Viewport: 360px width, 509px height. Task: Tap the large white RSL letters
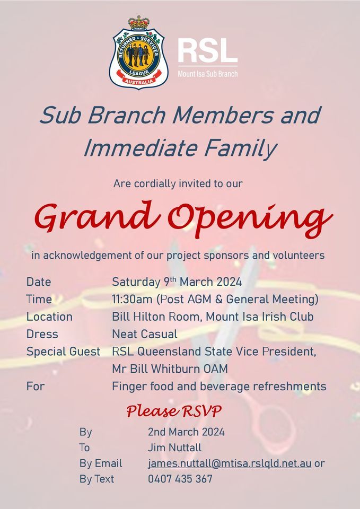[x=207, y=51]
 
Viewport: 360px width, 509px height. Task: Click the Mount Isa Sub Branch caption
[x=207, y=74]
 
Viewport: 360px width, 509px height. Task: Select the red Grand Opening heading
[x=183, y=218]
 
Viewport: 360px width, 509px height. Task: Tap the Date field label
[x=39, y=282]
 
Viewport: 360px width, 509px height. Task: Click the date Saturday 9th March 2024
[x=177, y=282]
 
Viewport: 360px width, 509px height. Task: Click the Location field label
[x=49, y=317]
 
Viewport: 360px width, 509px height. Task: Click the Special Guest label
[x=63, y=352]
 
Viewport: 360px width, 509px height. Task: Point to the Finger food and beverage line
[x=219, y=387]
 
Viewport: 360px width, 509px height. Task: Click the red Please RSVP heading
[x=174, y=411]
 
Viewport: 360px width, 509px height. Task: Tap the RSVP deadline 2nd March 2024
[x=186, y=432]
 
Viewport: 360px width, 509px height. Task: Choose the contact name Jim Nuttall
[x=174, y=447]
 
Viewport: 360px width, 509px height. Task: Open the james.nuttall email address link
[x=230, y=463]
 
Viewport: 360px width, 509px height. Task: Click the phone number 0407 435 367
[x=180, y=479]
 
